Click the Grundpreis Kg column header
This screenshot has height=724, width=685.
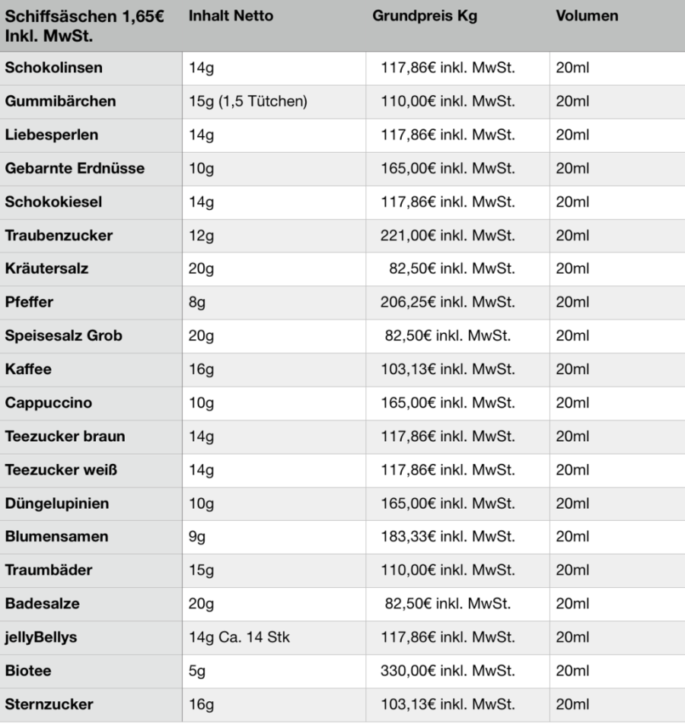click(425, 16)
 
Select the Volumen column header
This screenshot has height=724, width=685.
click(587, 16)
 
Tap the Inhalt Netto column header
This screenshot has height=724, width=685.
click(231, 16)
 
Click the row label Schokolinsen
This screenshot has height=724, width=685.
click(53, 68)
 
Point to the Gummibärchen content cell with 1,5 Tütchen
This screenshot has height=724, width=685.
click(247, 102)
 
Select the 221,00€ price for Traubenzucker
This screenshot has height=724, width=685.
click(448, 236)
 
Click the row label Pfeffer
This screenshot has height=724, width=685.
click(29, 303)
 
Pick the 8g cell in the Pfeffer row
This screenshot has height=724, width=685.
click(197, 303)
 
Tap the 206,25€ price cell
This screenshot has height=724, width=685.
click(448, 303)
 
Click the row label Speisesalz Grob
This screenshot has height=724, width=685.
click(63, 336)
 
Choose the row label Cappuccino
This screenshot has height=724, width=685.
click(49, 403)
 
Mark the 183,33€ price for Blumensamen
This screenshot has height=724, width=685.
click(448, 537)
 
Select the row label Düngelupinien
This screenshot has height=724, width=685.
click(57, 503)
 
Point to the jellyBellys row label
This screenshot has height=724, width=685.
click(41, 637)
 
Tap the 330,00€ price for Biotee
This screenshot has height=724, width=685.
click(448, 671)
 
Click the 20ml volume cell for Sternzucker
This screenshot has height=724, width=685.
click(573, 704)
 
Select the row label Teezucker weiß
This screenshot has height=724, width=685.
click(61, 470)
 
